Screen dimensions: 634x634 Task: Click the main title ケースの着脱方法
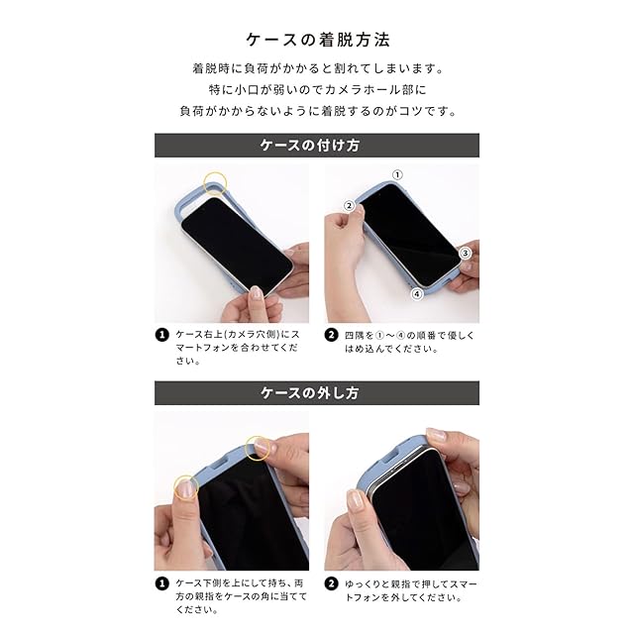(318, 40)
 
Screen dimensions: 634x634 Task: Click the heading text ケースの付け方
(310, 146)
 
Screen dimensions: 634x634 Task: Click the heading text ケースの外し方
(310, 392)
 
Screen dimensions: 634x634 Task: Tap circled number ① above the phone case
(397, 174)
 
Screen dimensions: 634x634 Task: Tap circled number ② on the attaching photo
(349, 205)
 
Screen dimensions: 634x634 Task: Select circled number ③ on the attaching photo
(466, 254)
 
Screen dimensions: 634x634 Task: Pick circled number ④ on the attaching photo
(417, 294)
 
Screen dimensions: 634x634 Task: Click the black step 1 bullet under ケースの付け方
(162, 335)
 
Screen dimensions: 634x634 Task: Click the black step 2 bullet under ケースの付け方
(331, 335)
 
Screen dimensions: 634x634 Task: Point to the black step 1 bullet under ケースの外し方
(162, 583)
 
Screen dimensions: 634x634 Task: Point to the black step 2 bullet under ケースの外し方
(331, 583)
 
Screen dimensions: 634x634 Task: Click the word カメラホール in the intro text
(363, 89)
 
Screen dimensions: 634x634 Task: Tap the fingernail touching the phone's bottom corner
(256, 292)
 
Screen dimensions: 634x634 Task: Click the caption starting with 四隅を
(409, 342)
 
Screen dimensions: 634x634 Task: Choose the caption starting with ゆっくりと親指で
(410, 590)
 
